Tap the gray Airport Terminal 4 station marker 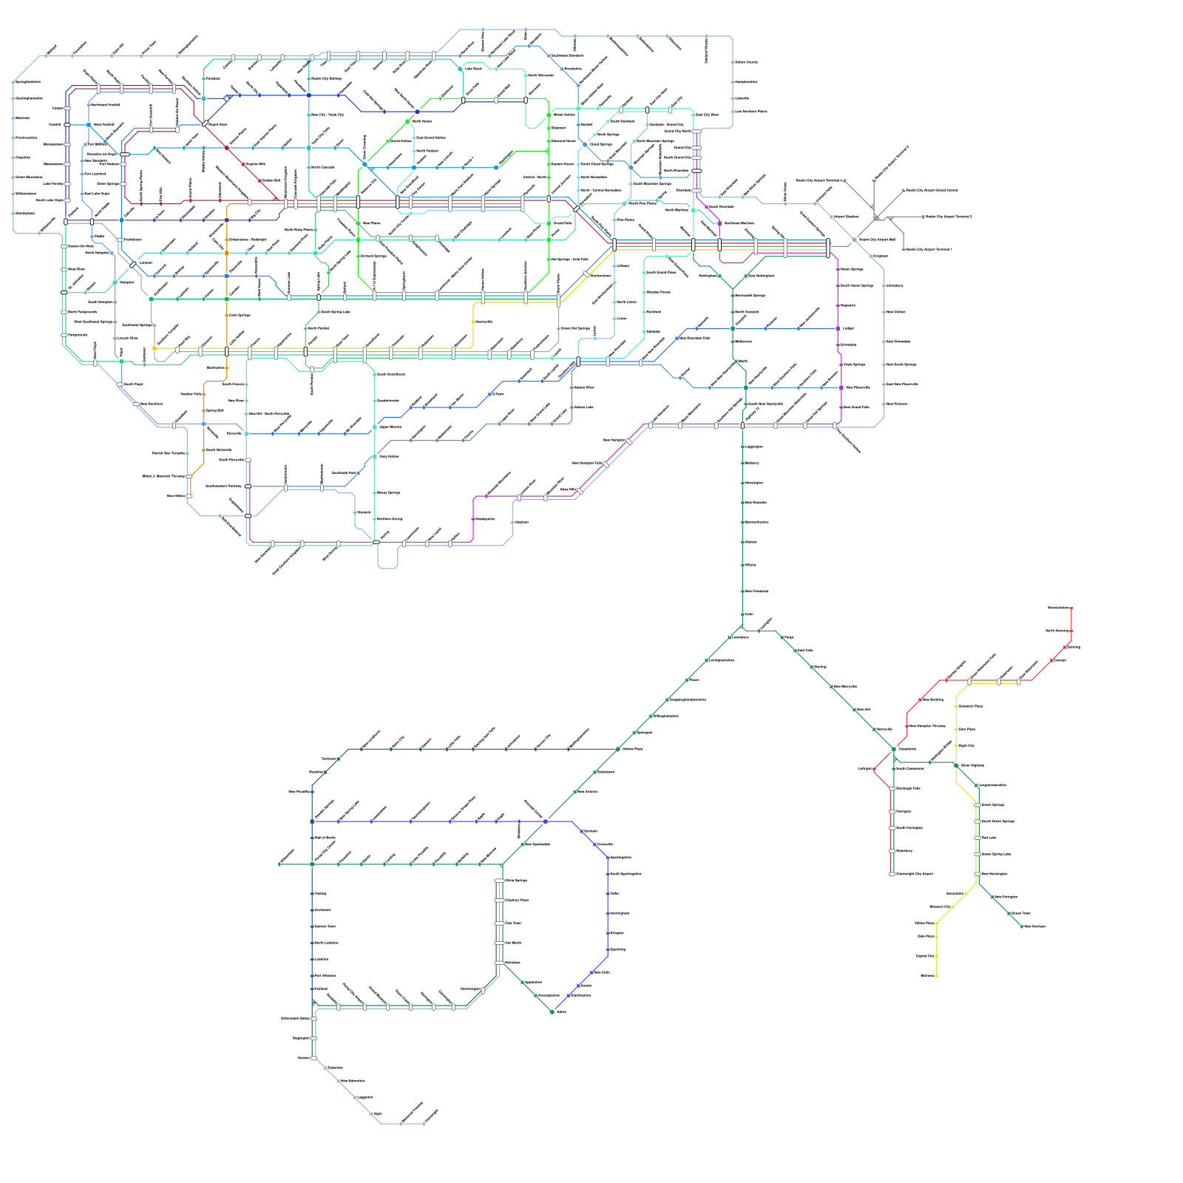coord(845,180)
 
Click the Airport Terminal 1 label coord(929,250)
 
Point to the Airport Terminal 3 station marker coord(923,217)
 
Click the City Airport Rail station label coord(877,240)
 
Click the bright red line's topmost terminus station coord(1071,608)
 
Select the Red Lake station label coord(989,838)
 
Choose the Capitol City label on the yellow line coord(925,956)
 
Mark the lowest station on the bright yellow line coord(937,976)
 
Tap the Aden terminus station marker coord(552,1012)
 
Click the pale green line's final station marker coord(424,1124)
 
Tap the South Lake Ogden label coord(50,200)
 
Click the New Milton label coord(176,496)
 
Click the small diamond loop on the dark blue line coord(227,97)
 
